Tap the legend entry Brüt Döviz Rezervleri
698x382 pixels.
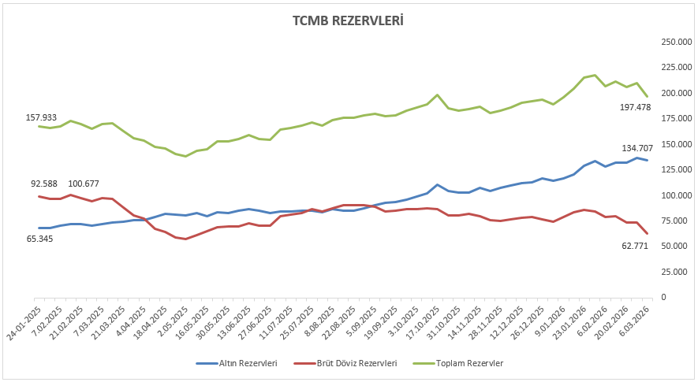[x=354, y=363]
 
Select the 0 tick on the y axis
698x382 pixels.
[x=663, y=297]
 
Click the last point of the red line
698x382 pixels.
[x=648, y=233]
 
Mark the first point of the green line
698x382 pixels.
[x=39, y=126]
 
